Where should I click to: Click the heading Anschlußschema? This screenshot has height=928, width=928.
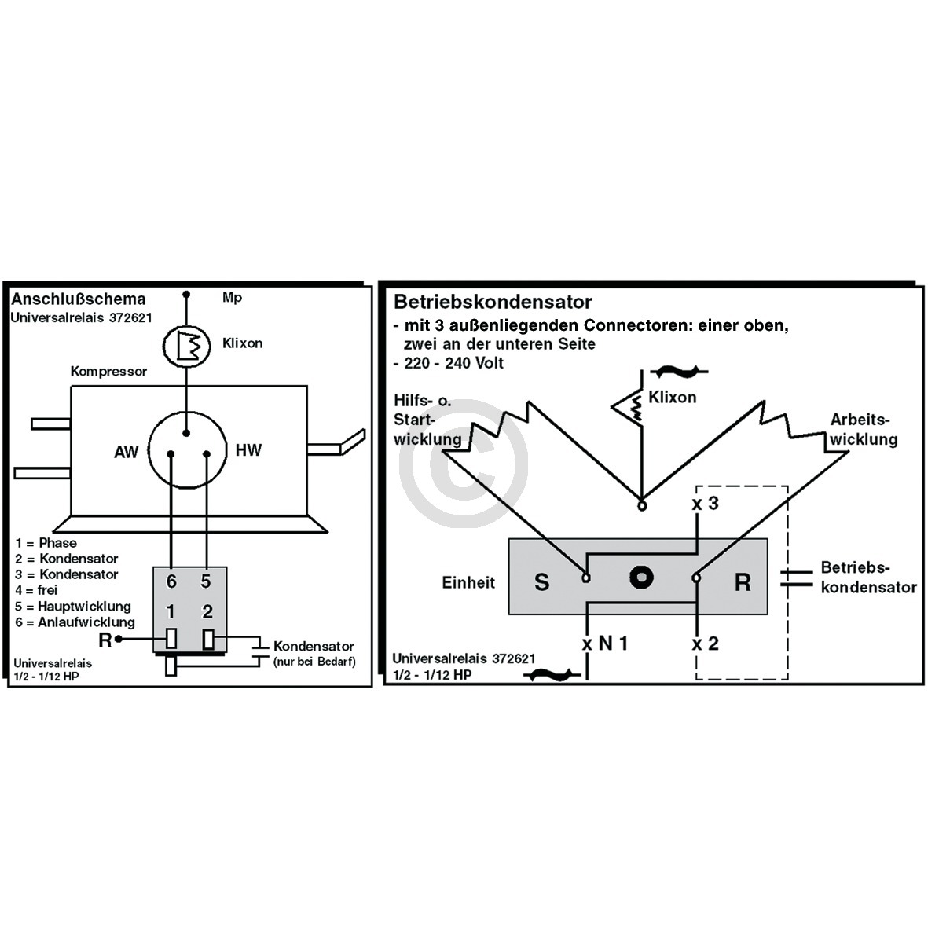pyautogui.click(x=78, y=299)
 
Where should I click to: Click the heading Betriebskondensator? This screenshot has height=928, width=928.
pyautogui.click(x=493, y=302)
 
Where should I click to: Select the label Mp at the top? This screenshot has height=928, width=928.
pyautogui.click(x=232, y=298)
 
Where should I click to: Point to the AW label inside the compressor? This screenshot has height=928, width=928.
pyautogui.click(x=126, y=452)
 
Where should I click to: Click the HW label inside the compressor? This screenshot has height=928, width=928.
pyautogui.click(x=248, y=450)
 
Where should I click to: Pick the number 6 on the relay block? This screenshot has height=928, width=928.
pyautogui.click(x=171, y=581)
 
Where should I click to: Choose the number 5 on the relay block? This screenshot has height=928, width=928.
pyautogui.click(x=205, y=581)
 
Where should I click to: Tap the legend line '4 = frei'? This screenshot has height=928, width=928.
pyautogui.click(x=37, y=590)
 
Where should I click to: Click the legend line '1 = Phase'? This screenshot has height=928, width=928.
pyautogui.click(x=46, y=543)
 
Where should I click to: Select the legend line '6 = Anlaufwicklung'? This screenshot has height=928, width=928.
pyautogui.click(x=75, y=622)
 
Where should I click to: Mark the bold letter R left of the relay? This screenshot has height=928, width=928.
pyautogui.click(x=105, y=640)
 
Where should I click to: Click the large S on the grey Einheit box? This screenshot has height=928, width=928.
pyautogui.click(x=541, y=582)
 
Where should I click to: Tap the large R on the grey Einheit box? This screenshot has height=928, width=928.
pyautogui.click(x=743, y=582)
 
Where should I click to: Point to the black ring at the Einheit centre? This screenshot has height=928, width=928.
pyautogui.click(x=641, y=577)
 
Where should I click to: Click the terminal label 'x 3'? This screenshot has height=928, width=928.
pyautogui.click(x=706, y=503)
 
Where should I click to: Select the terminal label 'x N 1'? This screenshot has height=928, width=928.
pyautogui.click(x=605, y=643)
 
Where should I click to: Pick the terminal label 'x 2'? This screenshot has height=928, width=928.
pyautogui.click(x=706, y=643)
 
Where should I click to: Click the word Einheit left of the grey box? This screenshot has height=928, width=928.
pyautogui.click(x=468, y=582)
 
